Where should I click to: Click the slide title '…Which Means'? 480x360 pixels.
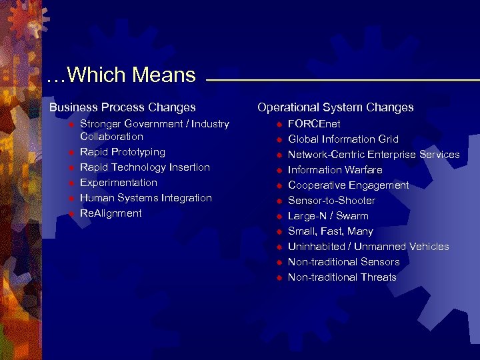[121, 75]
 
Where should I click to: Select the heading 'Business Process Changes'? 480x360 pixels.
[123, 107]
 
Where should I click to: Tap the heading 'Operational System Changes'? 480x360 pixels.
[335, 107]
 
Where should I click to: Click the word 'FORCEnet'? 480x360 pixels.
[314, 124]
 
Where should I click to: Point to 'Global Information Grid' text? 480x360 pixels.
[343, 139]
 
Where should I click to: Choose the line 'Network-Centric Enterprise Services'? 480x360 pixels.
[373, 155]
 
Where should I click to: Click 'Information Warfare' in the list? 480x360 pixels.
[335, 170]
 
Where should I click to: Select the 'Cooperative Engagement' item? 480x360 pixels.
[348, 185]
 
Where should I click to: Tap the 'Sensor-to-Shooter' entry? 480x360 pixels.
[331, 201]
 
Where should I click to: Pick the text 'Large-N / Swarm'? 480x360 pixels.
[328, 216]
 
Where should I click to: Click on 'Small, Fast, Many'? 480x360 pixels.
[330, 231]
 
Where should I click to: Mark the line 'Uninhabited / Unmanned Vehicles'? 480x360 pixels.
[368, 247]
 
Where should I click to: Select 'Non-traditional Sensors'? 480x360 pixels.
[343, 262]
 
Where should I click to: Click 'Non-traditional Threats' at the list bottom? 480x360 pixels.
[342, 277]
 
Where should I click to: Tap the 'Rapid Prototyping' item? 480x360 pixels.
[123, 152]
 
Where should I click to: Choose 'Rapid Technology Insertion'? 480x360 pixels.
[145, 167]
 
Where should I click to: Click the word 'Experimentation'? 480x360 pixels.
[119, 183]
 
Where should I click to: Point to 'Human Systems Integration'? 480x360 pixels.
[146, 198]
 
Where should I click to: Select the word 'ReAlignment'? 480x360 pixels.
[111, 213]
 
